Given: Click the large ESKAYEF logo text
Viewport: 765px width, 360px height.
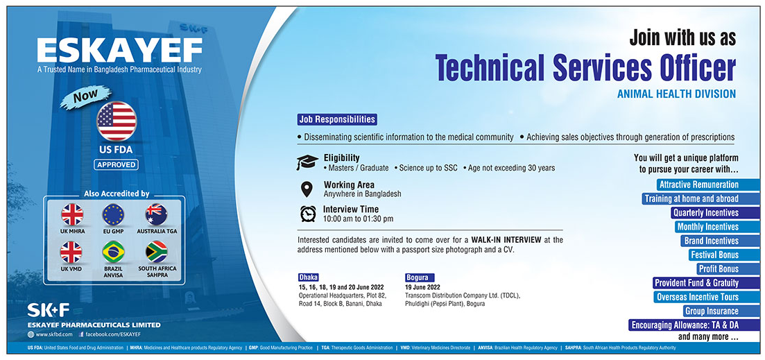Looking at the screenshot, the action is coord(119,50).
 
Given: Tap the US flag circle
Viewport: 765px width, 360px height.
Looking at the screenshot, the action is coord(117,121).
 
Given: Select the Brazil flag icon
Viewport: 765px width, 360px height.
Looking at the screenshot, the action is coord(113,252).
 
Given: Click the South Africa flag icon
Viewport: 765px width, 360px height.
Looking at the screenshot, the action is coord(156,252).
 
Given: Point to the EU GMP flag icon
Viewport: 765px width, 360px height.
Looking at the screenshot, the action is coord(113,214).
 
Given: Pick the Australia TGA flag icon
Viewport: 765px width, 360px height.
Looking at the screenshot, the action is coord(156,214).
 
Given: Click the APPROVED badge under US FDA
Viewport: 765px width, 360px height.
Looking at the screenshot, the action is coord(116,165).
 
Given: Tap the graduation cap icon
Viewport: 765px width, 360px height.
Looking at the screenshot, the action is coord(307,162).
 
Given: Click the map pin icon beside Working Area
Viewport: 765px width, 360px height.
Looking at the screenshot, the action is coord(307,189).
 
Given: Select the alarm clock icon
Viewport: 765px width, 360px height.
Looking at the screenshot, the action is coord(308,214).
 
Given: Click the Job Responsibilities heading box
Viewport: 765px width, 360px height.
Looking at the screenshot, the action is coord(337,119).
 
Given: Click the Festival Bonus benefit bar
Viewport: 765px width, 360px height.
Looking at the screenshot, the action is coord(714,255).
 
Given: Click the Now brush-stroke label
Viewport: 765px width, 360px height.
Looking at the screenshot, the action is coord(85,97).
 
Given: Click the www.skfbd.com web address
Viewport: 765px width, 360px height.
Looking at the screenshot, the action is coord(50,334).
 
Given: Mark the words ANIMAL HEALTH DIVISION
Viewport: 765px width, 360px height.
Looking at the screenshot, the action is coord(676,94).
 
